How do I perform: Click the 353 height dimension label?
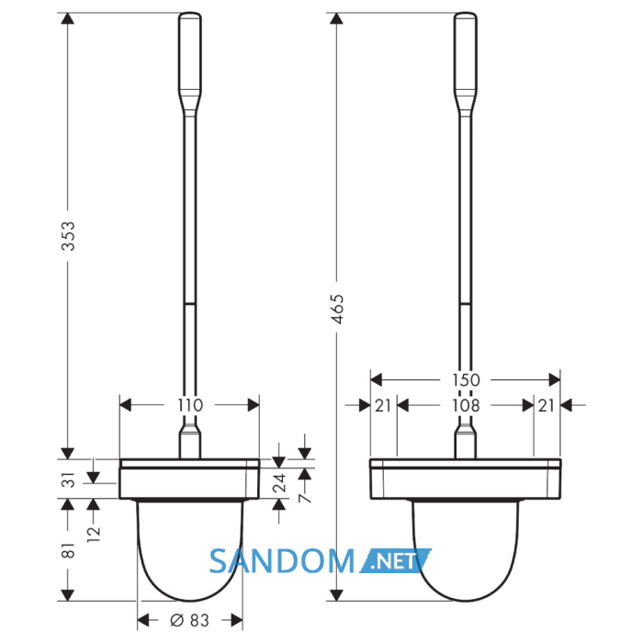pyautogui.click(x=69, y=236)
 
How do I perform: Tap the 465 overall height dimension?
pyautogui.click(x=338, y=310)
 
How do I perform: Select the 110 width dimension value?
pyautogui.click(x=190, y=406)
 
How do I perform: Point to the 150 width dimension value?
pyautogui.click(x=466, y=380)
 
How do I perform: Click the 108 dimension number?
pyautogui.click(x=466, y=406)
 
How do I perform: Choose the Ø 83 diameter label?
pyautogui.click(x=189, y=620)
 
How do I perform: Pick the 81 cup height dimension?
pyautogui.click(x=69, y=550)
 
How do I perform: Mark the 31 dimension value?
pyautogui.click(x=69, y=479)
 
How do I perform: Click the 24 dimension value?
pyautogui.click(x=279, y=483)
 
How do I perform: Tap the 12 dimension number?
pyautogui.click(x=94, y=534)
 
